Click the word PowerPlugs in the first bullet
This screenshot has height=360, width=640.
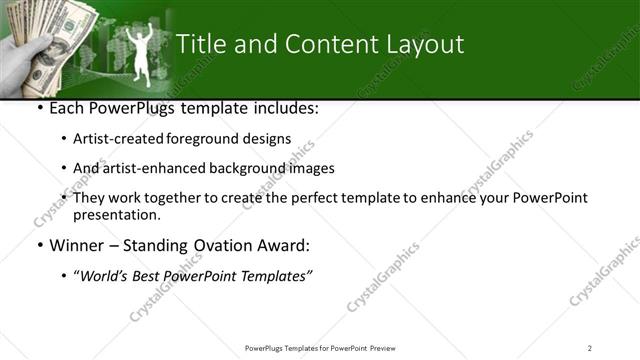(125, 107)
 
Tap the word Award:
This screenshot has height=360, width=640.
(283, 245)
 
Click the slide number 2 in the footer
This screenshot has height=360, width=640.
(590, 347)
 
